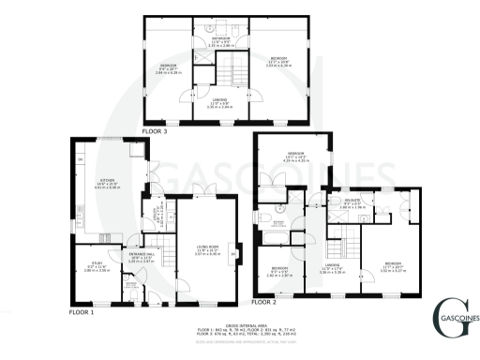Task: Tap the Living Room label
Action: [208, 250]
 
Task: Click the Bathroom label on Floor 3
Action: [223, 41]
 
